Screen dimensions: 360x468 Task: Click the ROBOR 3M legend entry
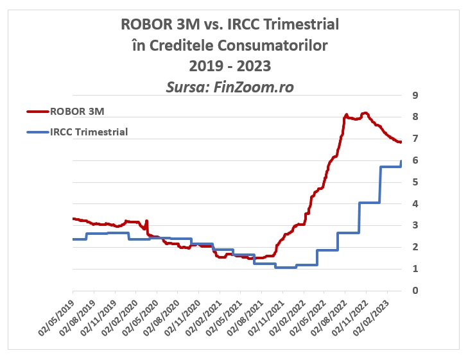coord(77,111)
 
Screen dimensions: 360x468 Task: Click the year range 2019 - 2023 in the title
coord(230,66)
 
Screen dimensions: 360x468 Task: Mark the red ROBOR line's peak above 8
coord(365,113)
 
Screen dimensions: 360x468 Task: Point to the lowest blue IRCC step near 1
coord(285,267)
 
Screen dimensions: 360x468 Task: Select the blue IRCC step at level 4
coord(369,203)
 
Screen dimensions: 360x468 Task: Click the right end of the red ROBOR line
coord(401,142)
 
